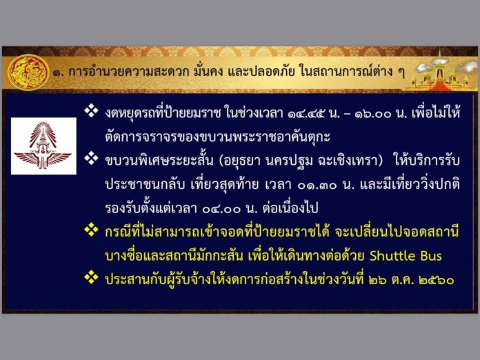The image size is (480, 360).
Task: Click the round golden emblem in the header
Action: [28, 72]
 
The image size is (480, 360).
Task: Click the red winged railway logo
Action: [43, 146]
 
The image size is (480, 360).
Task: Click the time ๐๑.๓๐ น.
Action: [326, 185]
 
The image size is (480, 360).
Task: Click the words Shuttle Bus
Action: [406, 256]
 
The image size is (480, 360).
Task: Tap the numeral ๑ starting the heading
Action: [57, 73]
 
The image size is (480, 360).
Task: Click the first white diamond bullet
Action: [91, 110]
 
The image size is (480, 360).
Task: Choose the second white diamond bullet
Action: [91, 158]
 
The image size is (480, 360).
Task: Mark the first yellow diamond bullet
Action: [91, 230]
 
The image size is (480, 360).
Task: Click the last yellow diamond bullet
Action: [91, 277]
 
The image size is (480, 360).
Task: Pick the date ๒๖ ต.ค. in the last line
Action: [390, 280]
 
